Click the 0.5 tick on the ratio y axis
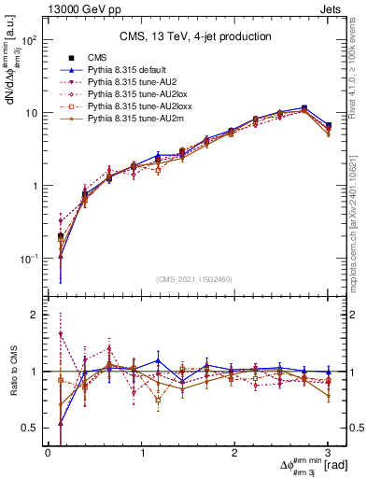coord(32,428)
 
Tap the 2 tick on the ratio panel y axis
coord(35,315)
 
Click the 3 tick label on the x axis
coord(328,453)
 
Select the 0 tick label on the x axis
coord(48,453)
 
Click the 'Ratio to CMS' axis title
coord(13,372)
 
